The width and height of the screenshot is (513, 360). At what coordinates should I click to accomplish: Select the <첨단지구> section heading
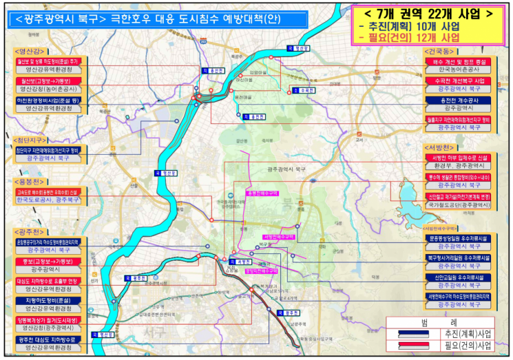point(30,138)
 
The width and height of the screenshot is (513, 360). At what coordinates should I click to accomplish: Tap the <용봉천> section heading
point(29,182)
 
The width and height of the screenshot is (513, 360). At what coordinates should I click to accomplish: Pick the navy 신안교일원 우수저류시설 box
point(457,277)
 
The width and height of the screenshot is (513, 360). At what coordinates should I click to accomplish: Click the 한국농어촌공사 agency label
point(457,70)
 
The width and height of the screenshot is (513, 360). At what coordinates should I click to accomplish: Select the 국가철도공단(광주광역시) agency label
point(457,205)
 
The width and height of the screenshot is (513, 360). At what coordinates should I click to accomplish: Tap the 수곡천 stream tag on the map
point(304,90)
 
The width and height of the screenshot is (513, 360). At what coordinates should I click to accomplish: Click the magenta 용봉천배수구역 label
point(262,193)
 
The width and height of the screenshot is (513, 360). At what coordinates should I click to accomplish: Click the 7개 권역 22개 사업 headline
point(428,13)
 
